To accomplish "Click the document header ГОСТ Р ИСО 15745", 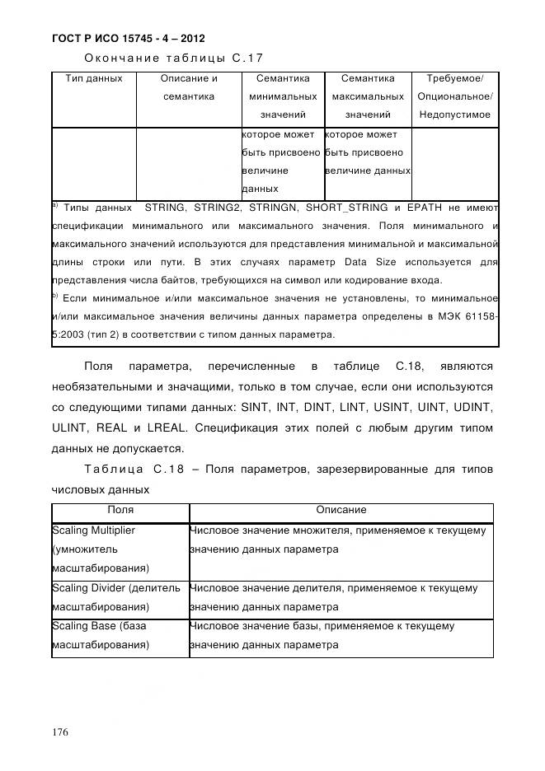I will click(x=128, y=38).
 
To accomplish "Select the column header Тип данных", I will click(x=93, y=79).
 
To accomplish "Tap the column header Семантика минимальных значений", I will click(x=283, y=96).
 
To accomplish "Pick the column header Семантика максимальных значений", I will click(x=368, y=96).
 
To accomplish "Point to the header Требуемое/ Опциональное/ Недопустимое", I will click(x=454, y=96).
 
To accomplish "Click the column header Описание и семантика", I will click(x=189, y=87).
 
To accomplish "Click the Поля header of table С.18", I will click(x=120, y=511).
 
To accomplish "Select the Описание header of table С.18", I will click(x=341, y=511).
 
